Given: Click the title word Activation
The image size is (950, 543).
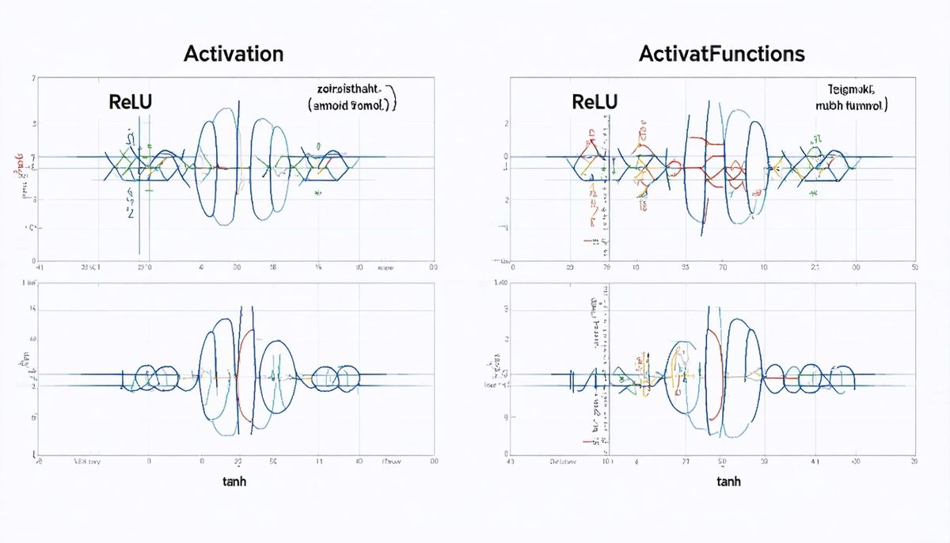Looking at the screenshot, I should tap(233, 55).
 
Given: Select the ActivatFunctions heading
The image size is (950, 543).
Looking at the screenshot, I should tap(721, 55).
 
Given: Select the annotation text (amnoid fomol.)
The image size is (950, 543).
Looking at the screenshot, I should tap(352, 104).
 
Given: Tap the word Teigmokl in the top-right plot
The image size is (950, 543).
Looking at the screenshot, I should tap(854, 89).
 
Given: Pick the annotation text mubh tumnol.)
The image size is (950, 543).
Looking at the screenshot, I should tap(850, 104).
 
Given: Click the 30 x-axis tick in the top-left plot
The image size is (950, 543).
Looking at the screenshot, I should tap(237, 268).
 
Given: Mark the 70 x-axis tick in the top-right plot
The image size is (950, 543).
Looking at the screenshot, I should tap(722, 268).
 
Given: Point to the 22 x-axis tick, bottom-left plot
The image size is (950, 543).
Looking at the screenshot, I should tap(237, 461).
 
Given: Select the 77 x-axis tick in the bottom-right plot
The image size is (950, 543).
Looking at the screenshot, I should tap(686, 461).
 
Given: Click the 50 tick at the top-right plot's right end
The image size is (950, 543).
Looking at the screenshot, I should tap(914, 268).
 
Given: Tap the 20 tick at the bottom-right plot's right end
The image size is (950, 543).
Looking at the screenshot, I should tap(914, 461).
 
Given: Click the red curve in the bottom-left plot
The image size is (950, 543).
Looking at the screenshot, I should tap(246, 372).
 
